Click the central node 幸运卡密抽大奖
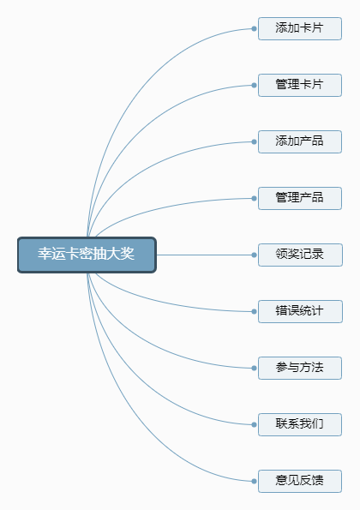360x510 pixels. pos(87,255)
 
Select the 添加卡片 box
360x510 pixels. pos(300,28)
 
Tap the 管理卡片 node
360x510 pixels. pos(300,85)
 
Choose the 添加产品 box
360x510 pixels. pos(300,141)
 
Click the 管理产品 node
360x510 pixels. pos(300,198)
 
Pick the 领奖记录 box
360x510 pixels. pos(300,255)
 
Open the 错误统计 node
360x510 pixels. pos(300,312)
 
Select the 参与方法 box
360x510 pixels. pos(300,369)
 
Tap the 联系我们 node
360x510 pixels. pos(300,425)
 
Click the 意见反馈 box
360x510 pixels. pos(300,482)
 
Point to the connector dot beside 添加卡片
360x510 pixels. pos(254,28)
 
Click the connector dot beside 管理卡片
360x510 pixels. pos(254,85)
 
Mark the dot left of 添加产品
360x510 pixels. pos(254,141)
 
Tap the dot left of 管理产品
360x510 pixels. pos(254,198)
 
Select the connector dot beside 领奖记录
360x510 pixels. pos(254,255)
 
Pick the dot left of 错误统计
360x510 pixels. pos(254,312)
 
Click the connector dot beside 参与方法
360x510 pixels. pos(254,369)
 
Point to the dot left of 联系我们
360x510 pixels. pos(254,425)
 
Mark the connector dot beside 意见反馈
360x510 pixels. pos(254,482)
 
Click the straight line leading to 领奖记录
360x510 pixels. pos(204,255)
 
